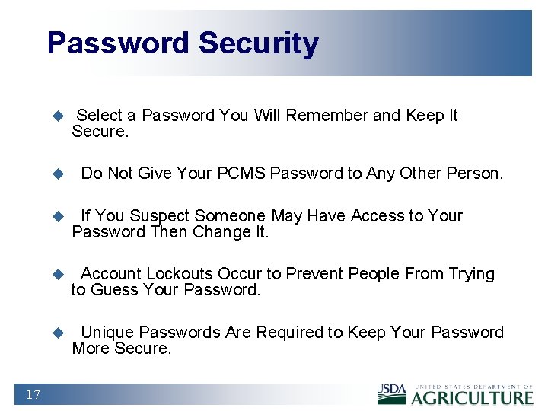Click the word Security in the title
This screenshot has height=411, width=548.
[259, 43]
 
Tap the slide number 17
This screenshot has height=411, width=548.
[33, 393]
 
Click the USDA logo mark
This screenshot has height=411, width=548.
[392, 393]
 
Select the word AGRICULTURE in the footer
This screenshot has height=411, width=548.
[473, 397]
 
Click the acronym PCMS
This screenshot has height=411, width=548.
[241, 174]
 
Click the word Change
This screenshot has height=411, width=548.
[221, 232]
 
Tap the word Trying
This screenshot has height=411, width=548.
[471, 274]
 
